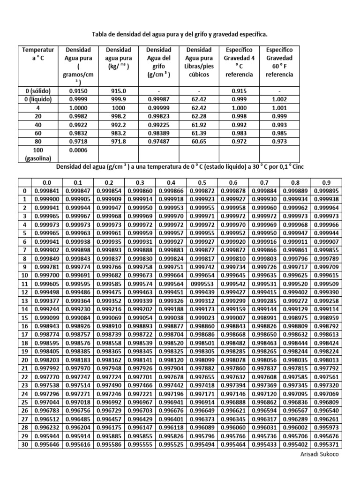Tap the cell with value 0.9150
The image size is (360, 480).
(78, 90)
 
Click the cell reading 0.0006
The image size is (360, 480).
(78, 150)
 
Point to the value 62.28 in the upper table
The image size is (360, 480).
(199, 116)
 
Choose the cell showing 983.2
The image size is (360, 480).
(119, 133)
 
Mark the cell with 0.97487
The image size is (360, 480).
(158, 142)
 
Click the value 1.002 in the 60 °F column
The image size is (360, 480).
(279, 99)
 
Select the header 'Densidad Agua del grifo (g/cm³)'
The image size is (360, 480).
(158, 62)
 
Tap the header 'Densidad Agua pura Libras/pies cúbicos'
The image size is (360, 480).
(199, 62)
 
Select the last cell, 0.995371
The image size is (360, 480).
(327, 444)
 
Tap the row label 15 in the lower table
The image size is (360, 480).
(24, 317)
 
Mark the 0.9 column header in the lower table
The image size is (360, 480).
(327, 182)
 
